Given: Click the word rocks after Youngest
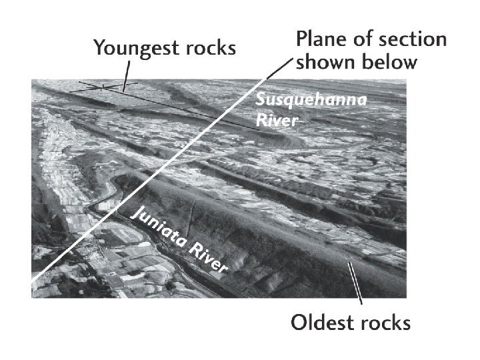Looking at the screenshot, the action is [x=209, y=48].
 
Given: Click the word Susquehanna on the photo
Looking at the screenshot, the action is [x=294, y=101].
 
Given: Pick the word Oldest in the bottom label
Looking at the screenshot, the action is [x=322, y=324].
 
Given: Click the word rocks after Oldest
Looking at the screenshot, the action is [x=385, y=324].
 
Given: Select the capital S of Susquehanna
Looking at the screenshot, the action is [x=261, y=101].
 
